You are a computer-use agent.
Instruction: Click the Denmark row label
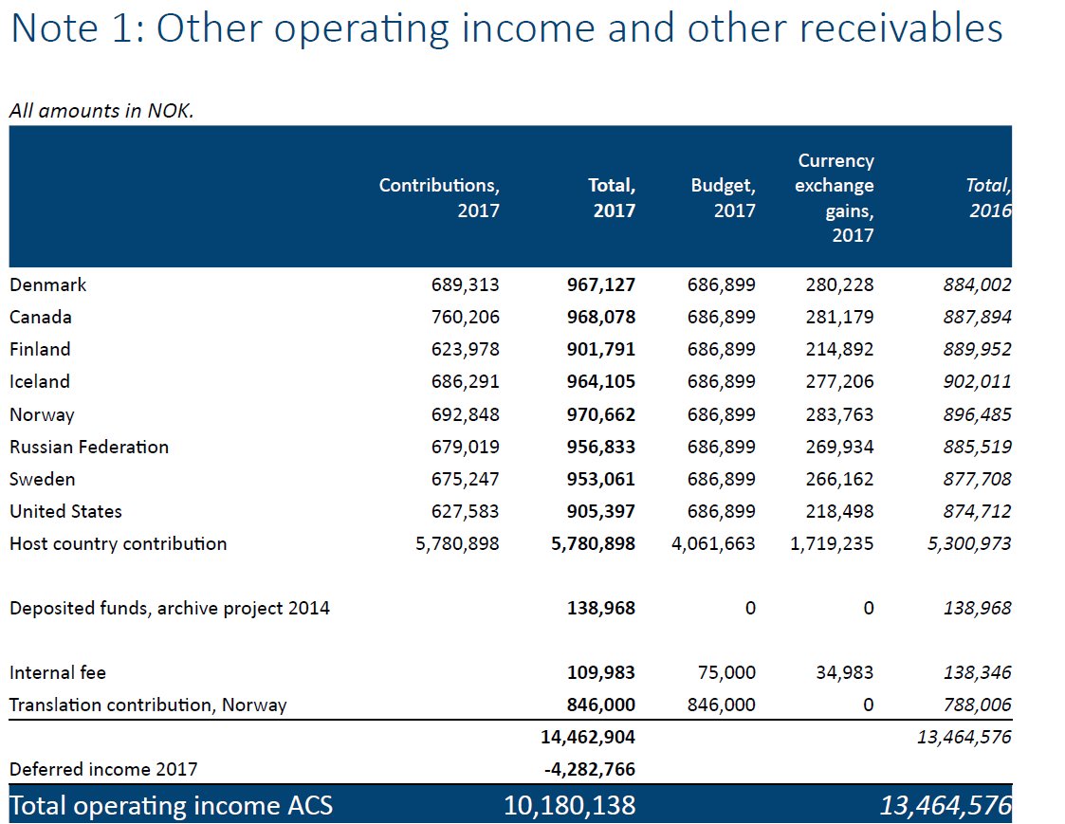pos(47,284)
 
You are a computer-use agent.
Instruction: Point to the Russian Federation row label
pos(89,447)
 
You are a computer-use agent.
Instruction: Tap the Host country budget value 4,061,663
pos(713,543)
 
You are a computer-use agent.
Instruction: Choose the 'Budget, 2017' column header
pos(723,197)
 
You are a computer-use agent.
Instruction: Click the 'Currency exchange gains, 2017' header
pos(835,197)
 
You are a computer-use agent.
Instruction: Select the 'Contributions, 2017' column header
pos(439,197)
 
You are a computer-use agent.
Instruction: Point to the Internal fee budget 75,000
pos(726,672)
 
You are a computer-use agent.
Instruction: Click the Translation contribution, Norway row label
pos(148,705)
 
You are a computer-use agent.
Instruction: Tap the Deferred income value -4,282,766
pos(589,769)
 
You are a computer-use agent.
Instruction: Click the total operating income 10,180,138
pos(569,805)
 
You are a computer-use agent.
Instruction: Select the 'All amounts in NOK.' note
pos(101,111)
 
